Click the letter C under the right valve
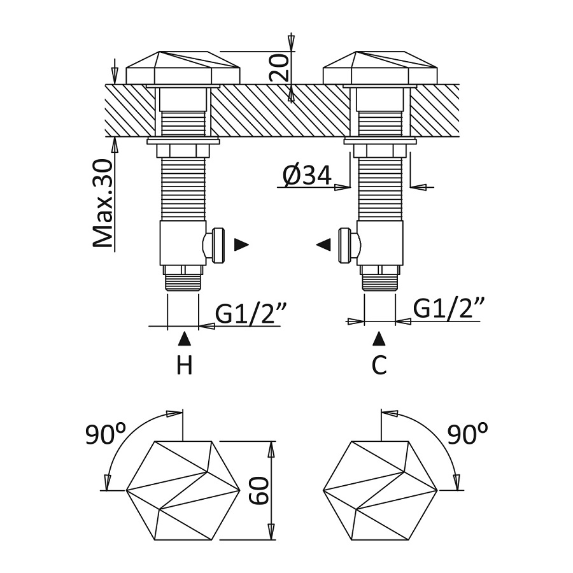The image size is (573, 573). (x=379, y=365)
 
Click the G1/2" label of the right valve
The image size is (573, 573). (x=449, y=309)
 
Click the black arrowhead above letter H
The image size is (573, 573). (x=184, y=337)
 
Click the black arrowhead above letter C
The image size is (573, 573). (x=379, y=337)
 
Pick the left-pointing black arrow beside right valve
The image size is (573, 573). (x=323, y=244)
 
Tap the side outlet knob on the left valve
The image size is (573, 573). (x=216, y=244)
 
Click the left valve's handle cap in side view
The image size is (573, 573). (x=183, y=67)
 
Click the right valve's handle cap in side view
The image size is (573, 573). (x=380, y=67)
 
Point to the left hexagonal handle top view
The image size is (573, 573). (x=183, y=490)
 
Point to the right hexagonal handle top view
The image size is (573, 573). (x=380, y=490)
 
